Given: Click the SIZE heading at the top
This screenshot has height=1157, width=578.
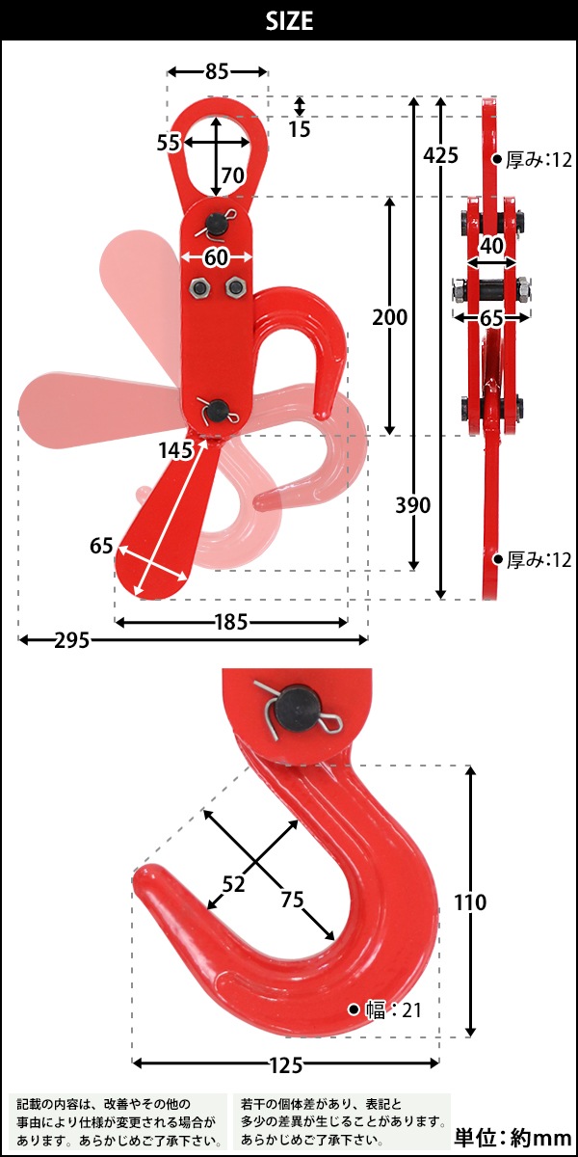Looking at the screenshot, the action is [x=289, y=20].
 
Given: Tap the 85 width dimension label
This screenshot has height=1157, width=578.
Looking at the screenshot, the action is [x=217, y=71].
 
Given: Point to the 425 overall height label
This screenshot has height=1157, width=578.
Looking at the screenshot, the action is [x=440, y=155].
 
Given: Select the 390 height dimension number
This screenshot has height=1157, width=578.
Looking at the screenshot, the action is [x=413, y=504].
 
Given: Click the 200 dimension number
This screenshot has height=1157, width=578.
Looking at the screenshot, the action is [x=389, y=317].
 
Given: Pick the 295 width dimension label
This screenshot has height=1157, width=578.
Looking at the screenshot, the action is [x=72, y=640].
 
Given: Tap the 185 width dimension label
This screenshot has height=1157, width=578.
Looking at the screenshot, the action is [x=231, y=623].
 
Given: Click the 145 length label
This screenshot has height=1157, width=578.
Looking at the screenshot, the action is [x=176, y=450].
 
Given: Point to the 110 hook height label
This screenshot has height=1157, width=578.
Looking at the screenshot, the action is [x=470, y=902].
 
